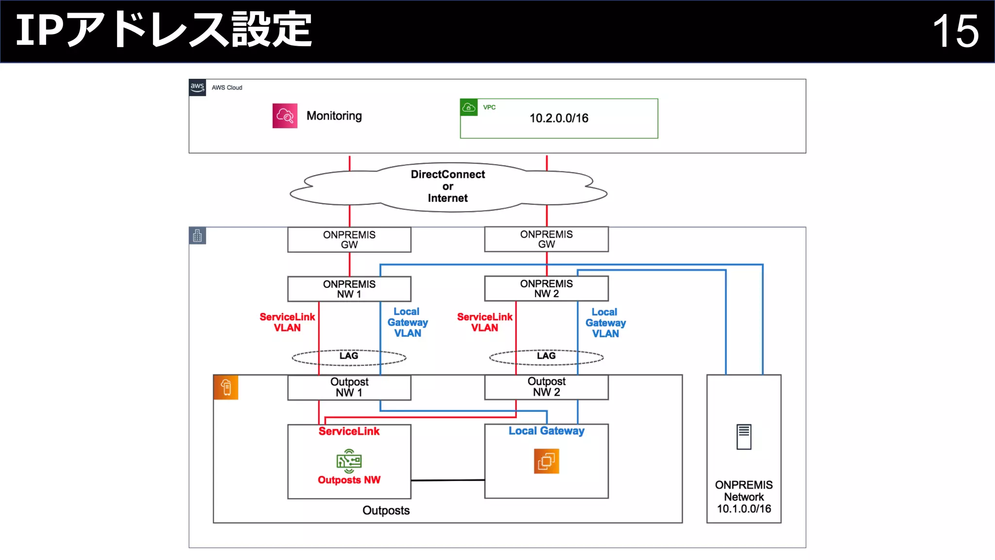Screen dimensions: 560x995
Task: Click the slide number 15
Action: (x=955, y=31)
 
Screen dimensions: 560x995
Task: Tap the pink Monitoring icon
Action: (x=285, y=116)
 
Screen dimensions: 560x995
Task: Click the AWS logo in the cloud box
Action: (x=197, y=87)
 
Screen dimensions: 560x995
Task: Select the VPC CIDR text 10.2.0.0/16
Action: (x=559, y=118)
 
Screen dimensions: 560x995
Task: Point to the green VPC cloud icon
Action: (x=468, y=107)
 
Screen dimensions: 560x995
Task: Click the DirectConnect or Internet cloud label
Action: (x=447, y=186)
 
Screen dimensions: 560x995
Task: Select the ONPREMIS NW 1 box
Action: (x=349, y=289)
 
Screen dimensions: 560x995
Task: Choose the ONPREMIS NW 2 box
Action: (x=546, y=288)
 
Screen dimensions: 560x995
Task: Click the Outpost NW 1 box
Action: (x=349, y=387)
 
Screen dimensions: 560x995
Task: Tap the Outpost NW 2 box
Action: (x=546, y=387)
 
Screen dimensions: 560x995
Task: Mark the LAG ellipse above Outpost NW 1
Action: (x=349, y=357)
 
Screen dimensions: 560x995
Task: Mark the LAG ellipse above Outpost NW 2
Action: (x=546, y=357)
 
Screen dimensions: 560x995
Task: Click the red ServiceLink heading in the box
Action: (x=349, y=431)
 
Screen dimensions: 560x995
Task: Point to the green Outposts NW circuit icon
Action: (x=349, y=461)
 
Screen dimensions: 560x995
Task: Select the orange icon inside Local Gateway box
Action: (x=546, y=461)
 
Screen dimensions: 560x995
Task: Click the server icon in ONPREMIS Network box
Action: (x=743, y=437)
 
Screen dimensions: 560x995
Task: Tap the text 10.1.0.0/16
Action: (x=744, y=509)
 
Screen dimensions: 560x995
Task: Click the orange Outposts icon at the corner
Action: (x=226, y=387)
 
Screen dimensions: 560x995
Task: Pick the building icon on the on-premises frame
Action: (x=197, y=236)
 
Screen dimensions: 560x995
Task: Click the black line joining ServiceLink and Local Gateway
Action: (x=447, y=480)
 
